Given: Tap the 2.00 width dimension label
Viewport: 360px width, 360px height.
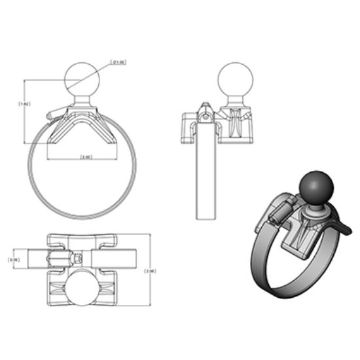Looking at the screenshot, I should point(85,158).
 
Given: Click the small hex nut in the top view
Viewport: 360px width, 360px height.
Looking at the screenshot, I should point(78,257).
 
